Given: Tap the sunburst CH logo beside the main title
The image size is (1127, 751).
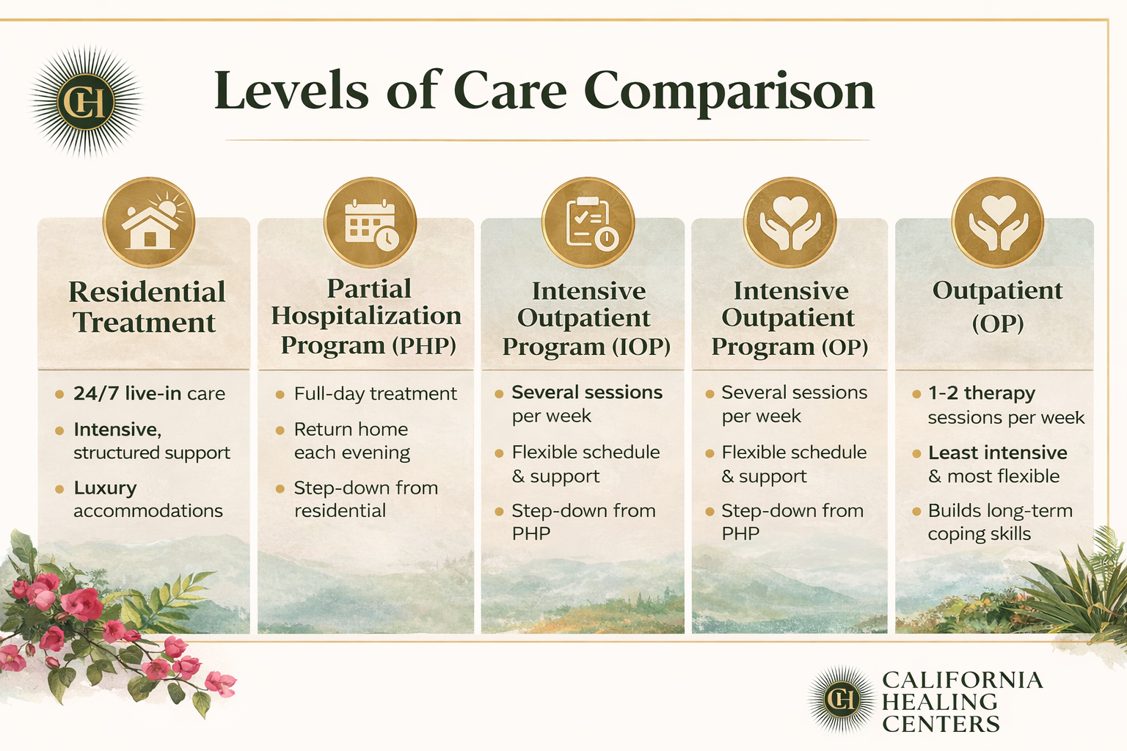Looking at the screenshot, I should pyautogui.click(x=86, y=102).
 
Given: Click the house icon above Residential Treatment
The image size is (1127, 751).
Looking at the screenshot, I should pyautogui.click(x=149, y=223).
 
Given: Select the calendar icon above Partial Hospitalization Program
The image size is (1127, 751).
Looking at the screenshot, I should pyautogui.click(x=371, y=223).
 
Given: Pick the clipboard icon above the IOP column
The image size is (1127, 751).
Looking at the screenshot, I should pyautogui.click(x=588, y=223).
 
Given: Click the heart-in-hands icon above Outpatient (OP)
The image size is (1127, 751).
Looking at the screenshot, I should pyautogui.click(x=997, y=223).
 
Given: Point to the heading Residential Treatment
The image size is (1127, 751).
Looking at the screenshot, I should pyautogui.click(x=147, y=307).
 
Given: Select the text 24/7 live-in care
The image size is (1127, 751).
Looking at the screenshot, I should pyautogui.click(x=149, y=394).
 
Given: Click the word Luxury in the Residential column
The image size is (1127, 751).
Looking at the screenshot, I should pyautogui.click(x=105, y=488).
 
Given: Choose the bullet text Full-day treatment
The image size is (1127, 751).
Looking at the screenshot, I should pyautogui.click(x=375, y=394).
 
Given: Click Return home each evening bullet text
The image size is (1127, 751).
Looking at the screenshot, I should pyautogui.click(x=351, y=441).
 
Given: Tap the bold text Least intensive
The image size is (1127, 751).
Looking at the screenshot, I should pyautogui.click(x=997, y=453).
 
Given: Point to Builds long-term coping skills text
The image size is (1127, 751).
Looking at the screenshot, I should pyautogui.click(x=999, y=521).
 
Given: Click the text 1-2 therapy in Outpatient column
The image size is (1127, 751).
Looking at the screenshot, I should pyautogui.click(x=981, y=393).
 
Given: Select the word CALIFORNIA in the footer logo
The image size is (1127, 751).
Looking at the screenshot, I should pyautogui.click(x=962, y=680).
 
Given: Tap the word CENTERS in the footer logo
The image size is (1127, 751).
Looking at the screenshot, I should pyautogui.click(x=941, y=725).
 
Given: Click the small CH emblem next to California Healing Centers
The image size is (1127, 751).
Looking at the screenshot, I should pyautogui.click(x=842, y=700).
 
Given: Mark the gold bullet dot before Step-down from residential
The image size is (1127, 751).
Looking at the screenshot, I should pyautogui.click(x=280, y=488).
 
